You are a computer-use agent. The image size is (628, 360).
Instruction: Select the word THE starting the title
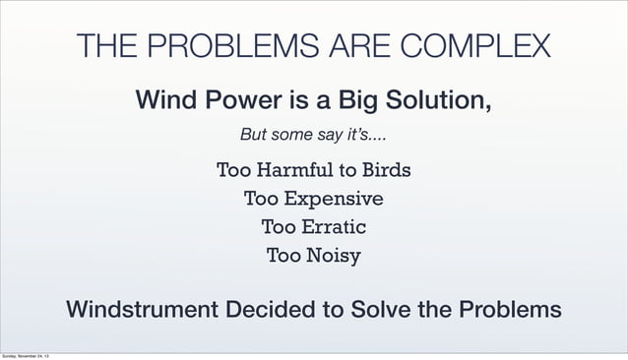[108, 46]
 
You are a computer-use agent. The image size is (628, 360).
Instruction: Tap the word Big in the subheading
[339, 100]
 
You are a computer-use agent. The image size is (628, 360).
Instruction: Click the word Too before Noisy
[283, 257]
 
